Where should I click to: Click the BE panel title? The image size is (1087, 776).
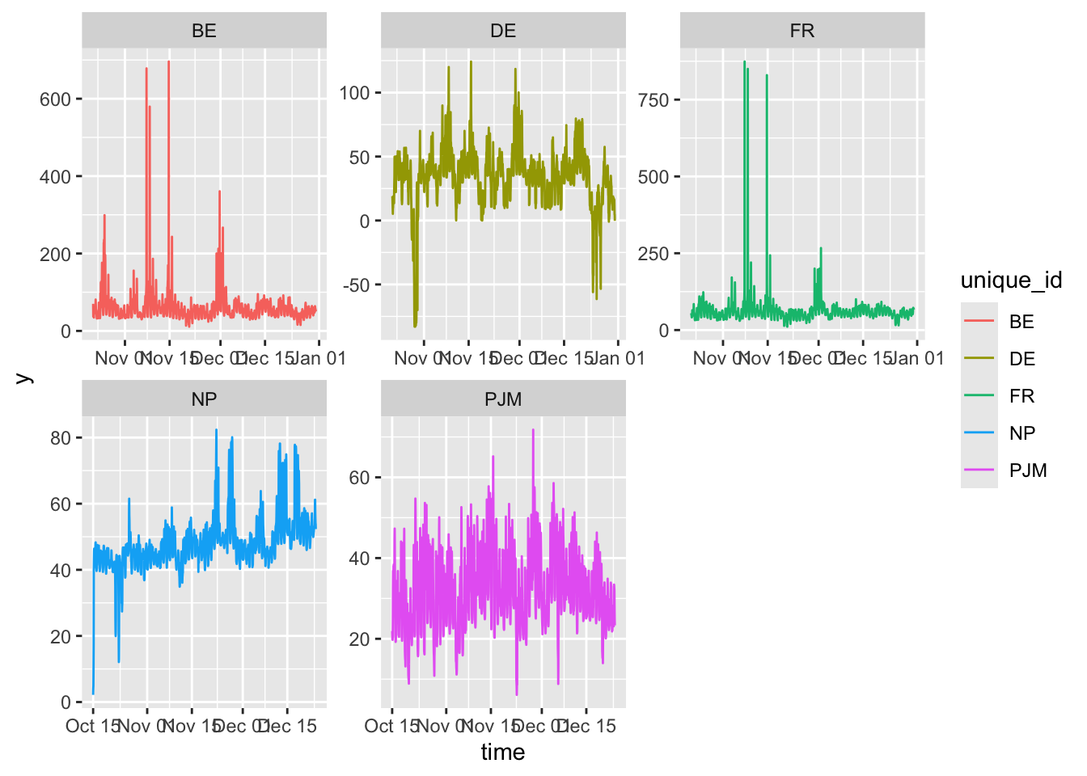204,31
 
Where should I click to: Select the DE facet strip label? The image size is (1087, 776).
503,31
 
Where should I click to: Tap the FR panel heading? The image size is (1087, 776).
802,31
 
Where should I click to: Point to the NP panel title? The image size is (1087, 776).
204,399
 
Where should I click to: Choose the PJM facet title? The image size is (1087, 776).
503,399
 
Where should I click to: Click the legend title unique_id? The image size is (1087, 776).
1011,280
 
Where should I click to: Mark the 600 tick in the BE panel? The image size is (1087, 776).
55,99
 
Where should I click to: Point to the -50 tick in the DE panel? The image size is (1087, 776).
356,285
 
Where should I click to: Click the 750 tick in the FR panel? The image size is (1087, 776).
653,100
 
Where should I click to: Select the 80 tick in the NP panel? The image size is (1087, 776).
61,438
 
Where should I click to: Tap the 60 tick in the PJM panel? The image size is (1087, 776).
359,478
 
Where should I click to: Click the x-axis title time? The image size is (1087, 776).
503,753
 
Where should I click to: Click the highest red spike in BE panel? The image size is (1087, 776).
168,62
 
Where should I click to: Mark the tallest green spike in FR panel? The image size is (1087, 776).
744,62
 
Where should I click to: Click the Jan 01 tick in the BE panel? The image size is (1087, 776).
319,358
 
